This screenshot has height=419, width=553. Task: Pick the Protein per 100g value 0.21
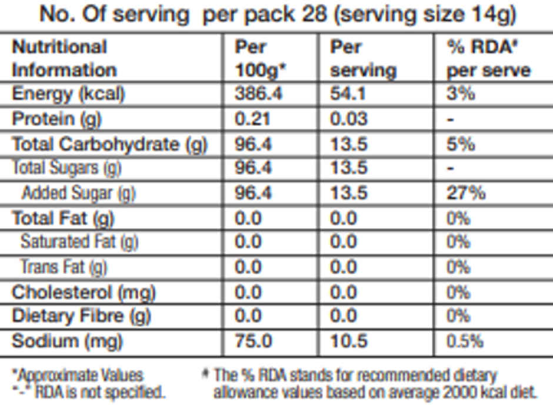253,119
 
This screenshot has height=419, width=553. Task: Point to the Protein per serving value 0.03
348,119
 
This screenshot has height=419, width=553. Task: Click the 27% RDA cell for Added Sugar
466,193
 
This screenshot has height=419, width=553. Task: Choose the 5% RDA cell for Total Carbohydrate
461,144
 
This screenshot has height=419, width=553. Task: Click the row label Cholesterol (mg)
84,292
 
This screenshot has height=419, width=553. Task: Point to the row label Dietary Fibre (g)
81,317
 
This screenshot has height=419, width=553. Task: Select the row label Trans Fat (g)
64,267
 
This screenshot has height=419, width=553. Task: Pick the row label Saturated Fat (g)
79,242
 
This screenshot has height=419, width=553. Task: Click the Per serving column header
362,59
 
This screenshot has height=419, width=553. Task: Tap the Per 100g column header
260,59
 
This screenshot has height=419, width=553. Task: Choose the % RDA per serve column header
488,59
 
